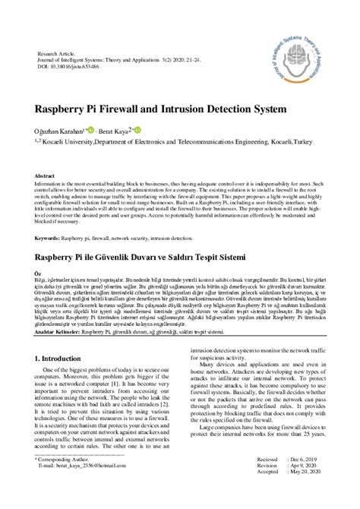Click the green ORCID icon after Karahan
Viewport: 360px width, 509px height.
pyautogui.click(x=89, y=130)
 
